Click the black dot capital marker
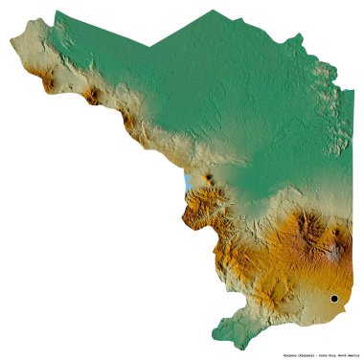click(x=333, y=299)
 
